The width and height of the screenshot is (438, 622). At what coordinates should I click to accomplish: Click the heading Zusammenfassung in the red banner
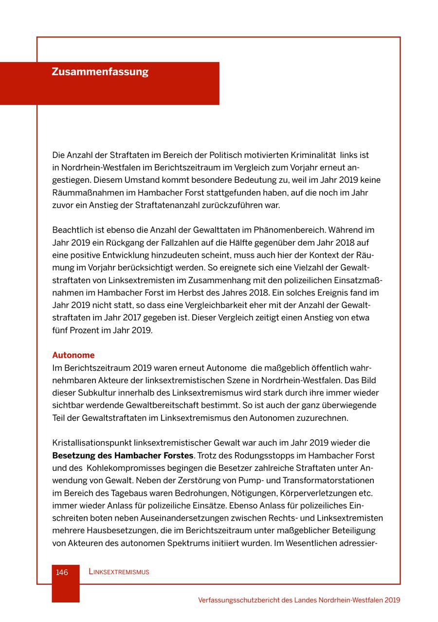pos(100,72)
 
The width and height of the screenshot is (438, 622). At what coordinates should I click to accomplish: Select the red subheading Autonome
pos(73,355)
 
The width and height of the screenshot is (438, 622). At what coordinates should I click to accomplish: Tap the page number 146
pos(62,572)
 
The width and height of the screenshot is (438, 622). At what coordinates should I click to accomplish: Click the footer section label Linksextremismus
pos(119,572)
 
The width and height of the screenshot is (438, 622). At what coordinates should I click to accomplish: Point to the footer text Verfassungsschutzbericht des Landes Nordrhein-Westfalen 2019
pos(299,600)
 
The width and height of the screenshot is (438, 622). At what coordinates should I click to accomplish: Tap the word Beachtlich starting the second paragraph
pos(72,230)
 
